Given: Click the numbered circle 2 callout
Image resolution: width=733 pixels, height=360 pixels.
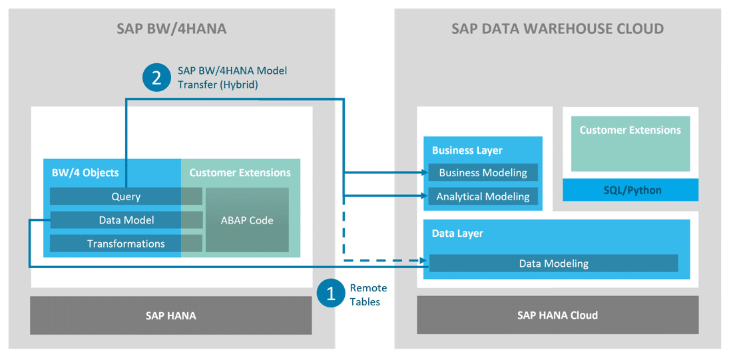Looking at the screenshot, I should [x=156, y=78].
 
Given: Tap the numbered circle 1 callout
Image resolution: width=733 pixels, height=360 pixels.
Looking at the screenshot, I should [x=330, y=293].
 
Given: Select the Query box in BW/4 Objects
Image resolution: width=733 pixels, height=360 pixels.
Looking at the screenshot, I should [x=126, y=196].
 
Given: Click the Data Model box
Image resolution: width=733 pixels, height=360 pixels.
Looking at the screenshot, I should [x=126, y=220].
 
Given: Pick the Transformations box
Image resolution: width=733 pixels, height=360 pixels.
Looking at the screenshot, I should [x=126, y=244].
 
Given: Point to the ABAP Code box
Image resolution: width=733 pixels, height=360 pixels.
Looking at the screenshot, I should [x=247, y=220].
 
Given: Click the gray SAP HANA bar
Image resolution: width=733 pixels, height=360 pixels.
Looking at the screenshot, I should [x=170, y=315].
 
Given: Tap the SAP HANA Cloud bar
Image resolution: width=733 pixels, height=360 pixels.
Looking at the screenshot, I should [x=557, y=315].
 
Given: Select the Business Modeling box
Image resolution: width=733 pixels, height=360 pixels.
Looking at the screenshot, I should [x=483, y=172].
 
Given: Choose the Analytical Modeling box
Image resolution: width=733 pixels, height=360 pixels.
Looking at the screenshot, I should [x=483, y=196].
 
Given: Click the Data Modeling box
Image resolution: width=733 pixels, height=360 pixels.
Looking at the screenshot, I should [x=553, y=264].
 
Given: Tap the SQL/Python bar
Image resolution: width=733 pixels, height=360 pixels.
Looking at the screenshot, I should [x=630, y=190].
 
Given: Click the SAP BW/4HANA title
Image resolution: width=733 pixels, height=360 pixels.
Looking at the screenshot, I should [x=171, y=29].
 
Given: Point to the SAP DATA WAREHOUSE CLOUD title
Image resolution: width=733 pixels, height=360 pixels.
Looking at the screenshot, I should [x=557, y=29].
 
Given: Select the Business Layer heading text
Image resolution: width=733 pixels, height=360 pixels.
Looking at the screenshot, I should [x=467, y=150].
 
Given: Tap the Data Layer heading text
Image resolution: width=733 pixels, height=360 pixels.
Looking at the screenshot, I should [x=457, y=234].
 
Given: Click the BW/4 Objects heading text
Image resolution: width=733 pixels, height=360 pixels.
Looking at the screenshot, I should [x=85, y=172].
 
